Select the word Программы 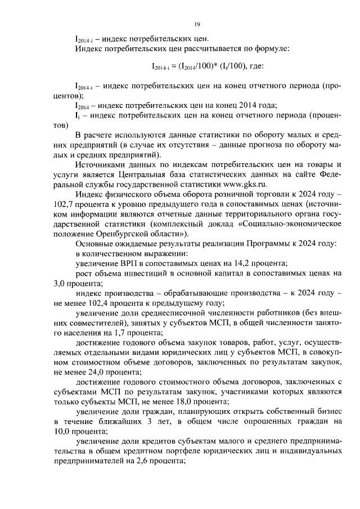(x=264, y=244)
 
